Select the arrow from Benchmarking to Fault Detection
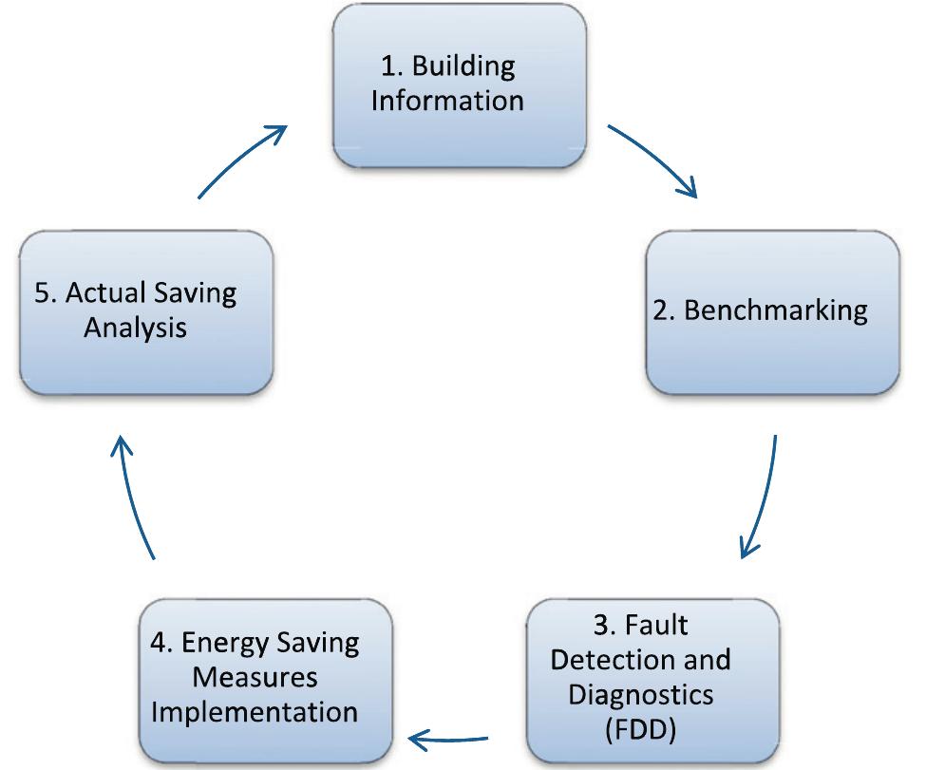click(764, 498)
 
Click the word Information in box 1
click(446, 100)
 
